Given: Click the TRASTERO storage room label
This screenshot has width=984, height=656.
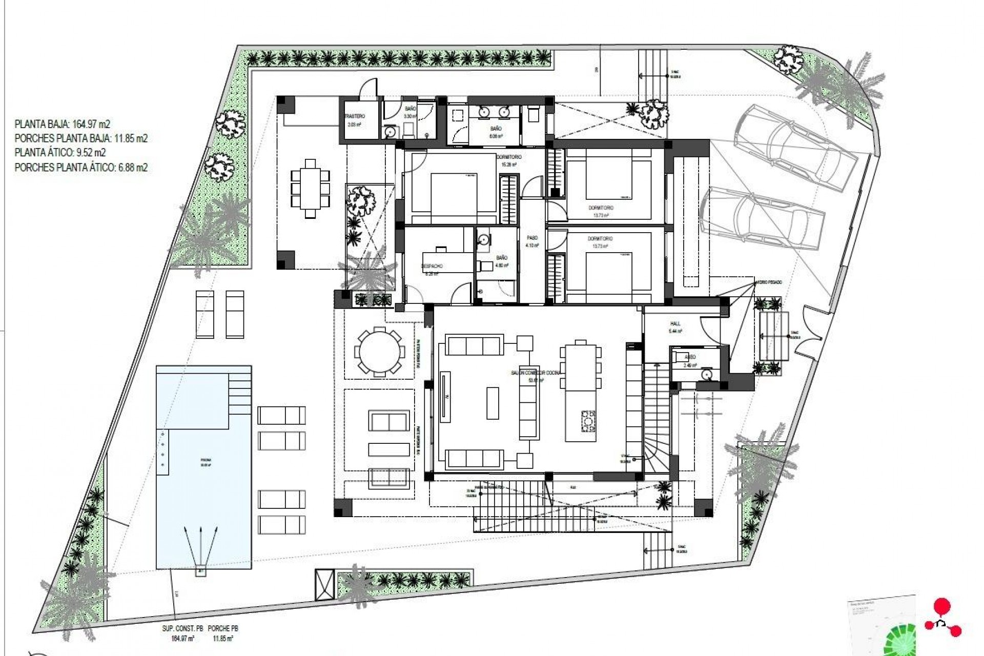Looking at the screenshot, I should coord(355,116).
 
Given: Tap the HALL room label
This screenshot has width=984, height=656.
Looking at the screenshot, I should coord(675,324).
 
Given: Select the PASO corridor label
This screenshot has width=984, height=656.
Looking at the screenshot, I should coord(532,238).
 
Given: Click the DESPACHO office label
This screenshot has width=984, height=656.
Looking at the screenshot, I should coord(432,266).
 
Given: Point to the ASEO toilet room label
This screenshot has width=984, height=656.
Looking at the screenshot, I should coord(690,357).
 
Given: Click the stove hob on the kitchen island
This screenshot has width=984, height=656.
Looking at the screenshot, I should coord(587,420).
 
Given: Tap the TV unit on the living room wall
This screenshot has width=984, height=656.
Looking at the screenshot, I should coord(444,396).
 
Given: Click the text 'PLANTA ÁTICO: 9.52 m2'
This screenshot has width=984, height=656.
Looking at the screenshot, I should coord(60,153).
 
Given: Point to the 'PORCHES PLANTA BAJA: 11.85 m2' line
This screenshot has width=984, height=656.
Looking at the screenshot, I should coord(81,138).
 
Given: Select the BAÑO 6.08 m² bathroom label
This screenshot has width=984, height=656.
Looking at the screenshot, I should coord(495,129).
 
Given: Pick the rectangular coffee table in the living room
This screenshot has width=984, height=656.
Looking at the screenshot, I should coord(493,403).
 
